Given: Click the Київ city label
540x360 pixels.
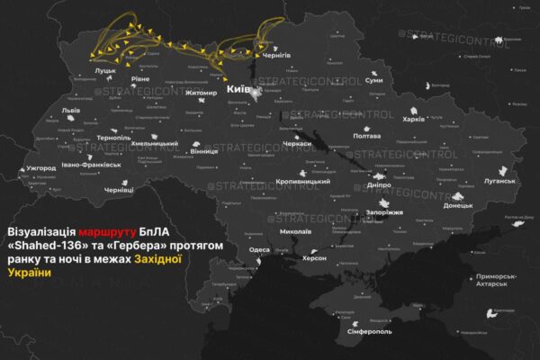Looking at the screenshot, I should click(x=238, y=91).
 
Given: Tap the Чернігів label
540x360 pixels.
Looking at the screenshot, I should click(x=277, y=55).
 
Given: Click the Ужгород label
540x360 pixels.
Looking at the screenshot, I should click(x=41, y=168).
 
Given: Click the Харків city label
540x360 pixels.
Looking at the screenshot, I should click(x=438, y=118).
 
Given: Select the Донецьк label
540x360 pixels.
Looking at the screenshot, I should click(x=458, y=205).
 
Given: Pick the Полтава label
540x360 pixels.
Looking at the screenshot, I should click(x=367, y=136).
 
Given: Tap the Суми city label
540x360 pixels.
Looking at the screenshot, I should click(x=373, y=80).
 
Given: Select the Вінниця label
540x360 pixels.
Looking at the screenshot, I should click(x=203, y=151).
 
